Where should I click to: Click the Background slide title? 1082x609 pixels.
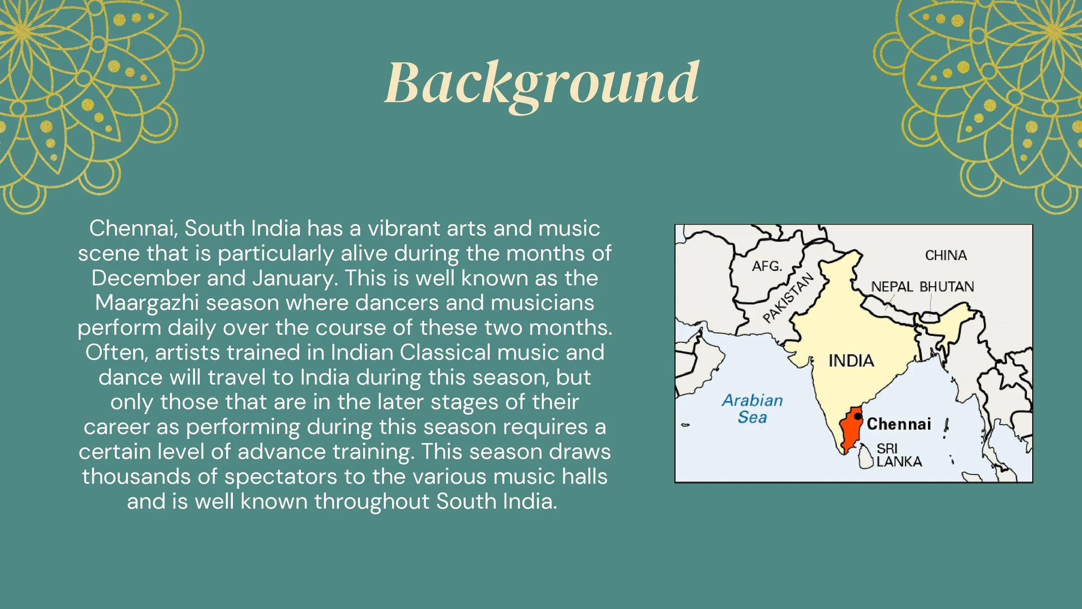coord(541,83)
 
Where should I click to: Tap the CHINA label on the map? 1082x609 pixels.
coord(946,255)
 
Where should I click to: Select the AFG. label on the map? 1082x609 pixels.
coord(767,266)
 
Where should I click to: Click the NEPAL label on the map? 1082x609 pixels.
coord(892,287)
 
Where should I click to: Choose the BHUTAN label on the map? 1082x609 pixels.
coord(947,287)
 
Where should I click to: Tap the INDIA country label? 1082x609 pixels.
coord(851,361)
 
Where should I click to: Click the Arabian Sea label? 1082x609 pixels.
coord(752,409)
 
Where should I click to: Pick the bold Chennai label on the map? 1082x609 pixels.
coord(899,424)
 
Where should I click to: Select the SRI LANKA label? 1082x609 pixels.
coord(899,455)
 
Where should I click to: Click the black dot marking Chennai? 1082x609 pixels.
coord(858,416)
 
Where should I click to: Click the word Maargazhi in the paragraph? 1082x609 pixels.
coord(147,303)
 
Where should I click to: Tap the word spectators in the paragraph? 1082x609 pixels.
coord(280,477)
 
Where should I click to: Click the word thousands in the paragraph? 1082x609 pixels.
coord(136,477)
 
